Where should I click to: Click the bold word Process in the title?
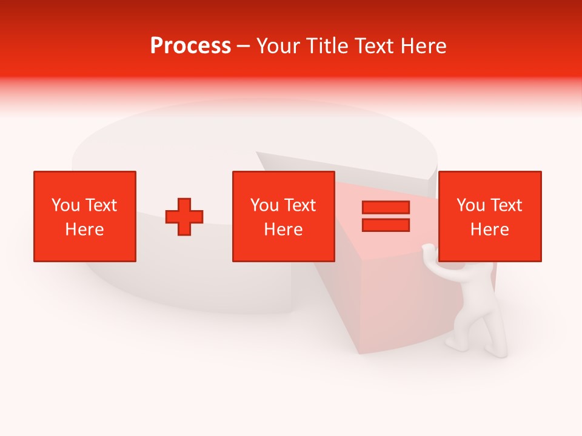190,46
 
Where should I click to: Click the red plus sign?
184,217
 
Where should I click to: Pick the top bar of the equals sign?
386,208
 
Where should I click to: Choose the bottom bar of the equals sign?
386,225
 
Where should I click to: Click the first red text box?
85,216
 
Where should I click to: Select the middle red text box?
283,216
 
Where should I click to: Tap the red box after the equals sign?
489,216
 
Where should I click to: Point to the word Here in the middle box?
283,230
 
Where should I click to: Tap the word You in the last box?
470,205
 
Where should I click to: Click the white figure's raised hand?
429,249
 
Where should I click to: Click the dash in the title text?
243,47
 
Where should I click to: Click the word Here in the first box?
85,230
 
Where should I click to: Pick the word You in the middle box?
264,205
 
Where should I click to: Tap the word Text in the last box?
506,205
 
